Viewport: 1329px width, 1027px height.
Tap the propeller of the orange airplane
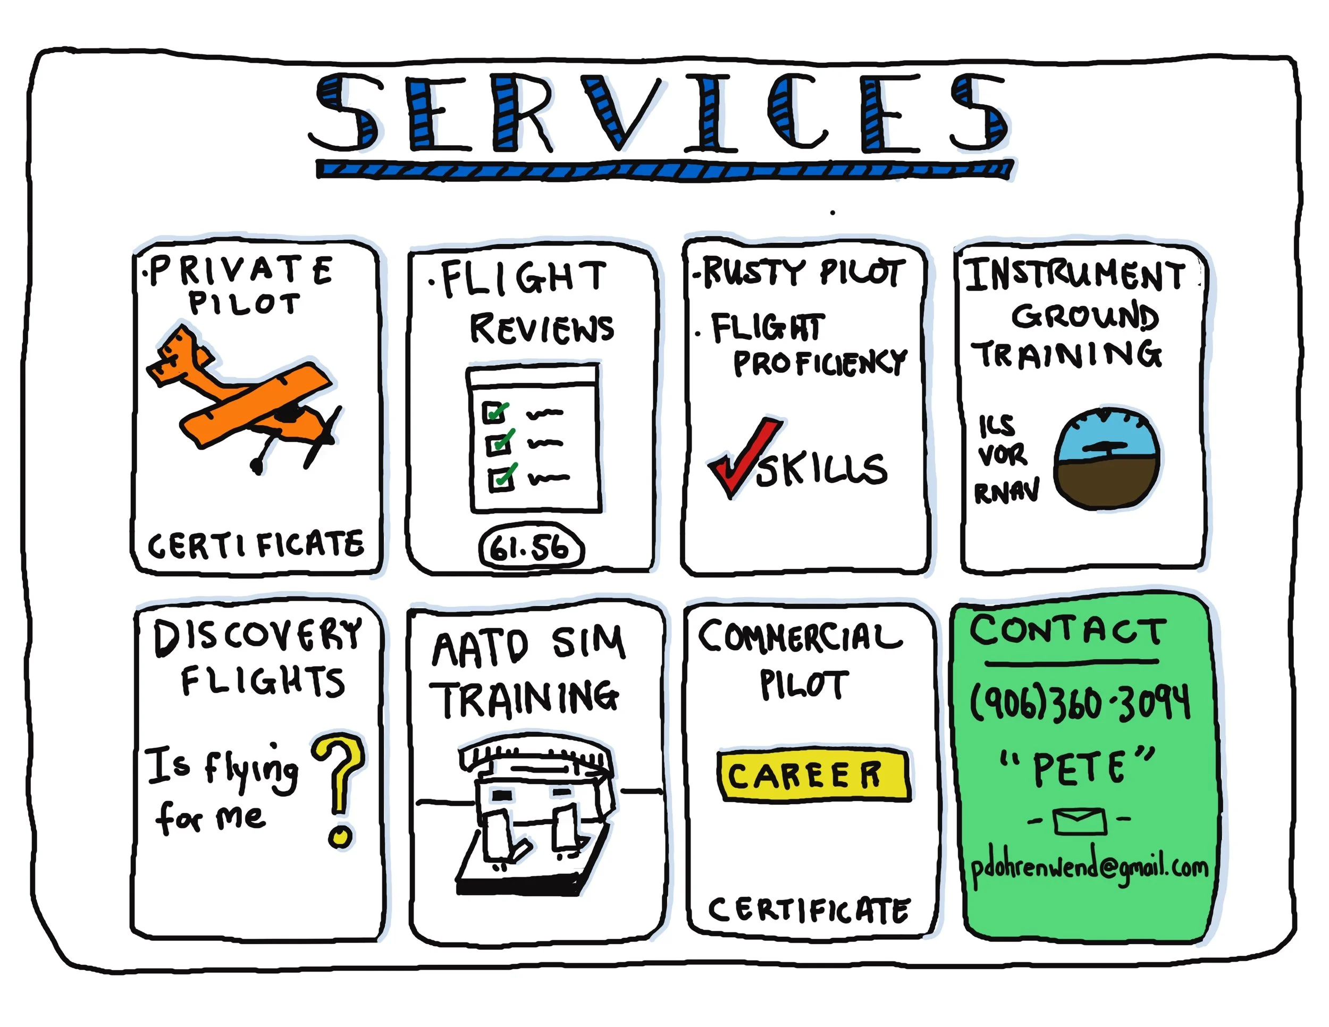[323, 437]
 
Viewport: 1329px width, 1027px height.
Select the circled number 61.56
[531, 547]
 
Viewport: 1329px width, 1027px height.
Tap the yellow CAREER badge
[813, 775]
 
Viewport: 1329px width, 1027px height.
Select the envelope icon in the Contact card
[1080, 821]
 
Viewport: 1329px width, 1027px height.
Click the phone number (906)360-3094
[1080, 703]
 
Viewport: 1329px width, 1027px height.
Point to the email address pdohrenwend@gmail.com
[1089, 866]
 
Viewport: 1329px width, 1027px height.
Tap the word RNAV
[1007, 491]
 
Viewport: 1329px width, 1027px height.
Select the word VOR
[1002, 454]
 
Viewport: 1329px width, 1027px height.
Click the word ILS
[996, 425]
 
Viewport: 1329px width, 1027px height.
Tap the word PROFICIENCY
[820, 363]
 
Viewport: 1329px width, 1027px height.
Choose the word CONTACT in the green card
[1068, 630]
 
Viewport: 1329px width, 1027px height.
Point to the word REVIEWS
[542, 329]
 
